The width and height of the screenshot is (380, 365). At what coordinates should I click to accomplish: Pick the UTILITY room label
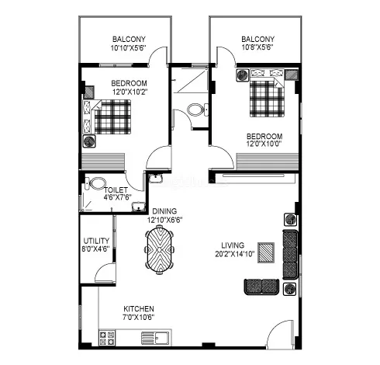click(95, 241)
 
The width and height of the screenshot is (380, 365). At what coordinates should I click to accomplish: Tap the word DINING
click(164, 211)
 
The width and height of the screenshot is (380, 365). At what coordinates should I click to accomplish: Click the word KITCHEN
click(138, 308)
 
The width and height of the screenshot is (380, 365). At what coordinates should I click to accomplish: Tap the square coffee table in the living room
click(267, 252)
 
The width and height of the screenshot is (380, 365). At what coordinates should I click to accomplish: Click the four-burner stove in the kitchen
click(107, 336)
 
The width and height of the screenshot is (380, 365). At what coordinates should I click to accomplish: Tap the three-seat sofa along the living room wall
click(291, 254)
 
